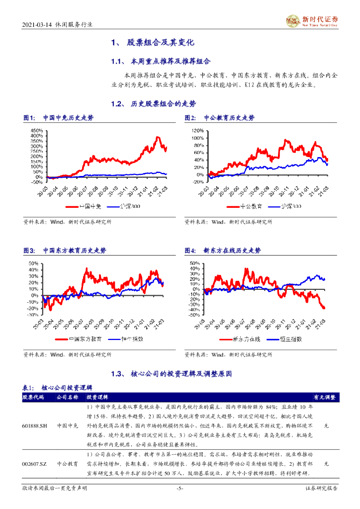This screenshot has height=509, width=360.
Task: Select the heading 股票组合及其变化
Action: (159, 43)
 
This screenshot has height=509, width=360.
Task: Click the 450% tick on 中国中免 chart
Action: (37, 130)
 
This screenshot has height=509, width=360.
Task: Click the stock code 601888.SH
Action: (35, 426)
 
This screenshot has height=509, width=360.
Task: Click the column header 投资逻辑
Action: (98, 398)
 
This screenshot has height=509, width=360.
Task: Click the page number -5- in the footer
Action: (180, 503)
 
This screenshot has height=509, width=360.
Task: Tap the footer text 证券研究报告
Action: (321, 503)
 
